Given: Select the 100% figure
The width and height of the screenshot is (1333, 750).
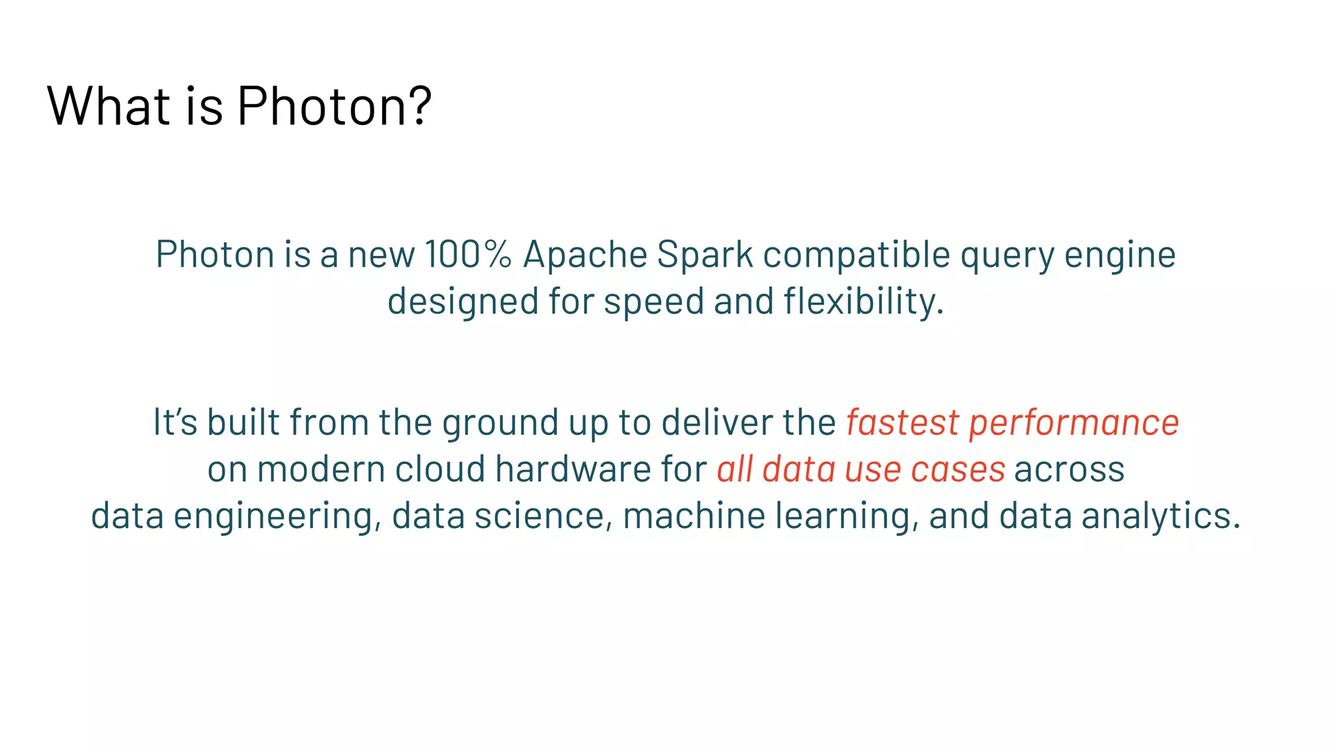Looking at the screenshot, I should click(x=468, y=254).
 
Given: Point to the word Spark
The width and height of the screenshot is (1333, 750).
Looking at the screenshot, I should click(x=704, y=254).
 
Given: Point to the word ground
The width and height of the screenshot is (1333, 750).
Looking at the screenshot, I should click(x=500, y=423).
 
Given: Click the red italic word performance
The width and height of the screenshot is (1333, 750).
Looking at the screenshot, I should click(x=1074, y=423).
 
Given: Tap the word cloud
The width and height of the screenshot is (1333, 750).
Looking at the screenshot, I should click(x=440, y=469).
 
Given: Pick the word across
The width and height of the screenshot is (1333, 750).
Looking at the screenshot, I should click(x=1069, y=469).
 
